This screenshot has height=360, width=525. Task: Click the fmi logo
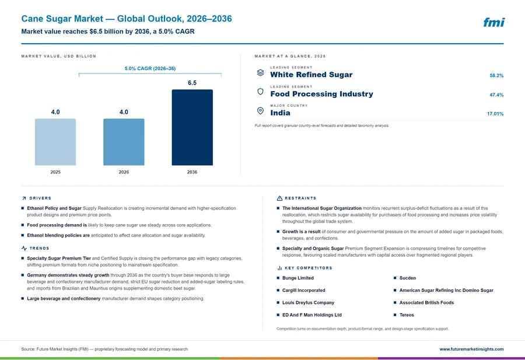[x=494, y=22]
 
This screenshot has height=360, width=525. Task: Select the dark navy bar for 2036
[x=192, y=127]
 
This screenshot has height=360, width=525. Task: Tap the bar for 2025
[x=55, y=142]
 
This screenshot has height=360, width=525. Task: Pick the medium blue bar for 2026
[x=124, y=142]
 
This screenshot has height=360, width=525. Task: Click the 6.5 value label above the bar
[x=192, y=83]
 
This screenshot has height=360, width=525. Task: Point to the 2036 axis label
[x=192, y=172]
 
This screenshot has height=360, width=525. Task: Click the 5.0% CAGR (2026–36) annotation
[x=150, y=68]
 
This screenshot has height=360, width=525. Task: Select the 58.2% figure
[x=496, y=76]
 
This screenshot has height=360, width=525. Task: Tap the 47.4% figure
[x=496, y=95]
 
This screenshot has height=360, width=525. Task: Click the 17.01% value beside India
[x=495, y=114]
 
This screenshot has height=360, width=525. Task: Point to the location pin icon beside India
[x=260, y=111]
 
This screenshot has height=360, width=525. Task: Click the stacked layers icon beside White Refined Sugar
[x=260, y=73]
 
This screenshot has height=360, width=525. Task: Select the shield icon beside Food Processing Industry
[x=260, y=92]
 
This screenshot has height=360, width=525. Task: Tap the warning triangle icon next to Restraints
[x=279, y=198]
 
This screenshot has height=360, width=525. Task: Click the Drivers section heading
[x=40, y=198]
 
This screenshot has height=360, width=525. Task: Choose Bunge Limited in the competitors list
[x=298, y=278]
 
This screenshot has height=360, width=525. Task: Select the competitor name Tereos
[x=407, y=315]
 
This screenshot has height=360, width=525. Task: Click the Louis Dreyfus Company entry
[x=308, y=302]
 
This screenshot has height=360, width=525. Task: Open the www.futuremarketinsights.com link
[x=471, y=349]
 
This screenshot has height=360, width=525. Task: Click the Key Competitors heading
[x=309, y=268]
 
